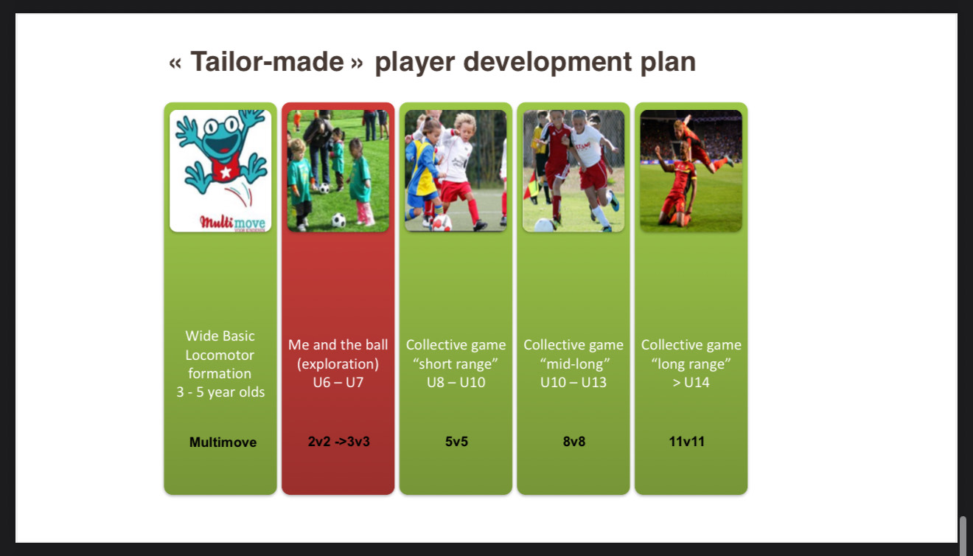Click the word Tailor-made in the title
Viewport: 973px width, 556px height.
[267, 62]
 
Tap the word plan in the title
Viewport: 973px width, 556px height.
[668, 62]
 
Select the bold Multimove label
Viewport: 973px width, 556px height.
[223, 442]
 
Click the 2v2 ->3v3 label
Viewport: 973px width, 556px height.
[338, 442]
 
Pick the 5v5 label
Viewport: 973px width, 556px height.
[456, 442]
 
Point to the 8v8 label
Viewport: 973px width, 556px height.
[573, 442]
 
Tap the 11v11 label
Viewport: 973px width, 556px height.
[687, 442]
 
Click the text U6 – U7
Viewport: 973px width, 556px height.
[338, 383]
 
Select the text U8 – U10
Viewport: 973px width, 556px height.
[456, 383]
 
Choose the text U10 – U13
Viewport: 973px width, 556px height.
[573, 383]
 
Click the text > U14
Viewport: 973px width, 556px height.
[691, 383]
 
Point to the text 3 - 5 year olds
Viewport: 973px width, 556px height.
[220, 392]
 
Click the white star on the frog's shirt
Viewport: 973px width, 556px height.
[225, 172]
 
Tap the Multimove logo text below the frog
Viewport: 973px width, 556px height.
[232, 222]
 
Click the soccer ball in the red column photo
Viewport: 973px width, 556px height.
[338, 220]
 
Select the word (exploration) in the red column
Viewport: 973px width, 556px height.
[338, 364]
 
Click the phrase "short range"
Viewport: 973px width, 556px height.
[456, 364]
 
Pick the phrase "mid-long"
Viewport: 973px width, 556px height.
[573, 364]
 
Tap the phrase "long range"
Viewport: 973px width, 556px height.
[691, 364]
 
